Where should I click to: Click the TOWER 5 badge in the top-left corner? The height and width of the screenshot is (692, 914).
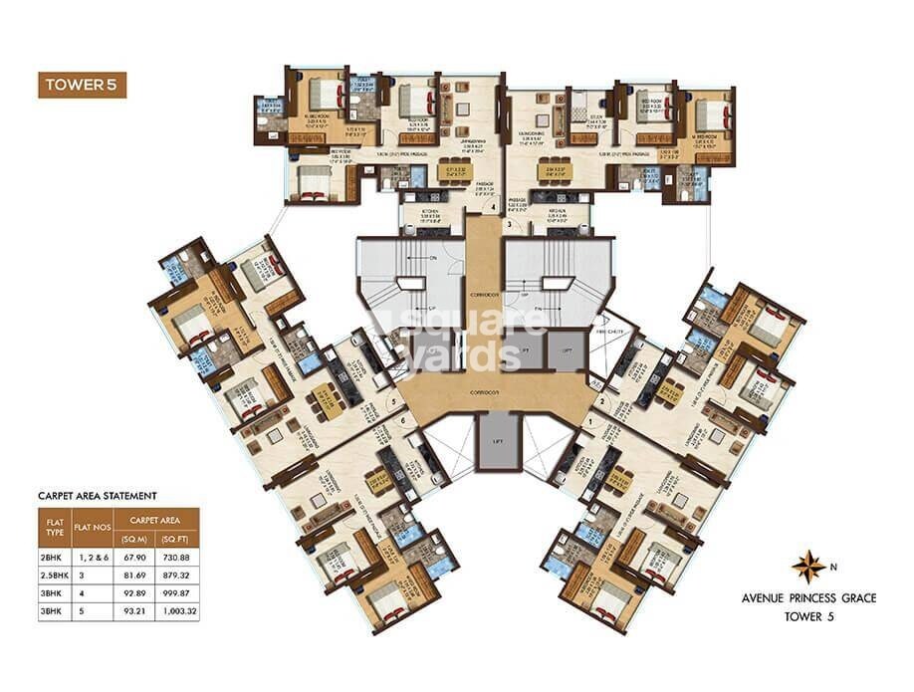(84, 84)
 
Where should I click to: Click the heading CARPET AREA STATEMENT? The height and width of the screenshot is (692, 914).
(98, 494)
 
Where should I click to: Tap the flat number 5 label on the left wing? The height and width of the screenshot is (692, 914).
(394, 403)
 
